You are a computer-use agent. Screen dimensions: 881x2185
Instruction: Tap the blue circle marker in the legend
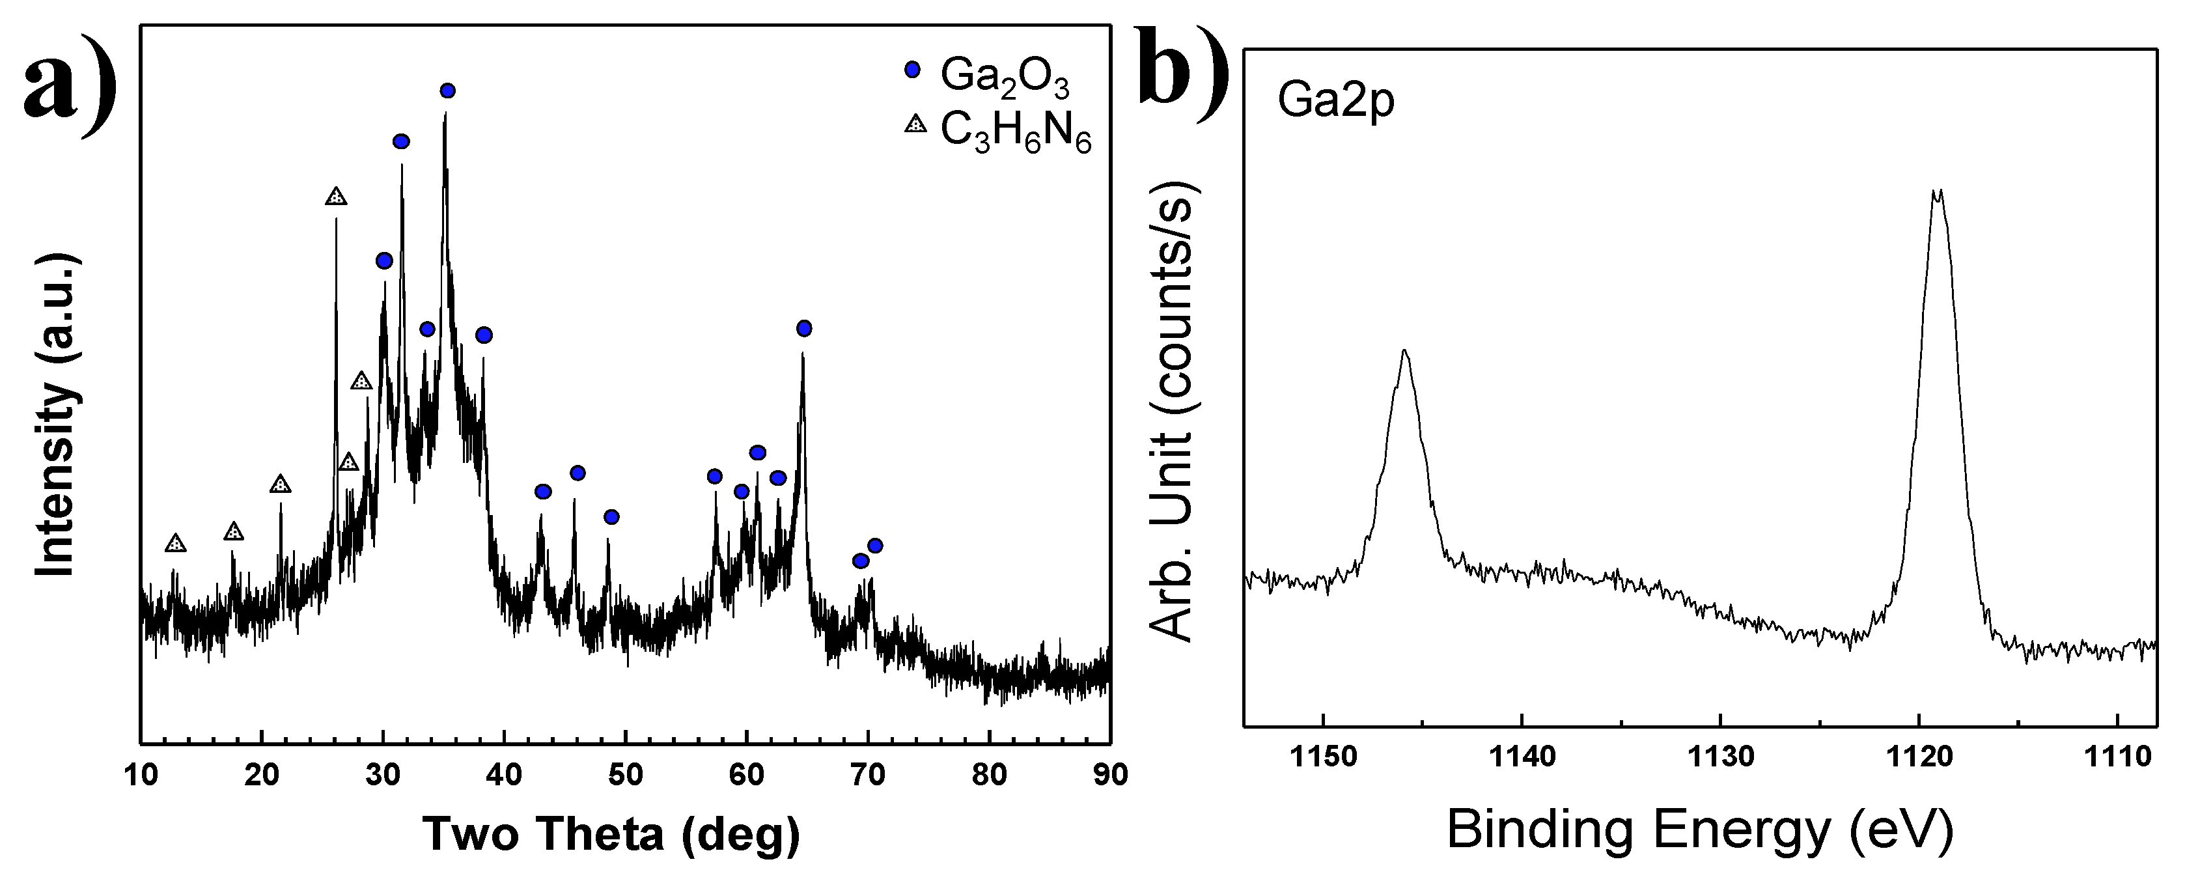[913, 70]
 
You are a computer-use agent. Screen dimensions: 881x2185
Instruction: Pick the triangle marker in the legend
[915, 124]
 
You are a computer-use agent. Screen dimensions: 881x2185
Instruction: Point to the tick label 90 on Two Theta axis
[1109, 774]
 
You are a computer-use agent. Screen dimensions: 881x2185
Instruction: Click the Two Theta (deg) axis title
[611, 833]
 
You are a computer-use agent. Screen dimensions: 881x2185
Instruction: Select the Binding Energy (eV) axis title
[1700, 830]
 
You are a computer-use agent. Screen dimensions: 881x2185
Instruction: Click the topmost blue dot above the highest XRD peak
[448, 91]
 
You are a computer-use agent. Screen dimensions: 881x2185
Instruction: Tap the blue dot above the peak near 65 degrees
[804, 328]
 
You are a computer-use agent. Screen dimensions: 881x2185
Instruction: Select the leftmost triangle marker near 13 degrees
[176, 542]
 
